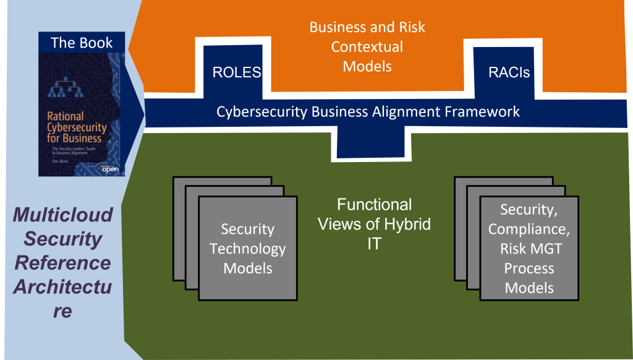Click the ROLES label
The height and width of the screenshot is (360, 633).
[236, 72]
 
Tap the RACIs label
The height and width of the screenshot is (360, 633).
[509, 72]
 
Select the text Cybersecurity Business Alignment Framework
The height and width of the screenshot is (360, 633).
[368, 112]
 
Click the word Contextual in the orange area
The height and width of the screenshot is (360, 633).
[367, 46]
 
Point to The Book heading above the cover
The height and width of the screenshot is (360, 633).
[82, 43]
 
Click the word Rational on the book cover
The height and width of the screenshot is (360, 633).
[66, 116]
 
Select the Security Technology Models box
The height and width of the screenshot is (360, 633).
[247, 248]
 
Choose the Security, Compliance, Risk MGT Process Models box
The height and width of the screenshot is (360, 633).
[529, 248]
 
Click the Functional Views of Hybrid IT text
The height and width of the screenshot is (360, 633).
[374, 223]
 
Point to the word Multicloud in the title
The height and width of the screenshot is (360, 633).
[63, 215]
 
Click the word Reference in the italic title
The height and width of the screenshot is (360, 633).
[63, 263]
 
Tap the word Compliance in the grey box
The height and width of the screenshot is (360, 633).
[529, 229]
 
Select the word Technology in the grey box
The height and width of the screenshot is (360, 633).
[247, 249]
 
